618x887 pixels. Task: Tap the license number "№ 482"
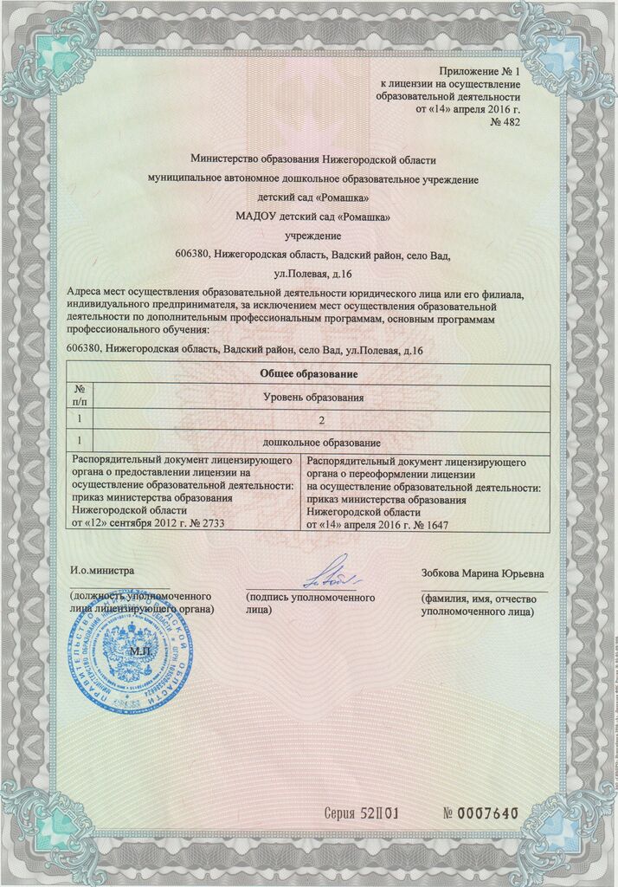coord(505,124)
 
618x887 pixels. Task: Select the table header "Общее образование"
coord(309,373)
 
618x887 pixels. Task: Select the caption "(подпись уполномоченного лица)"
coord(310,604)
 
